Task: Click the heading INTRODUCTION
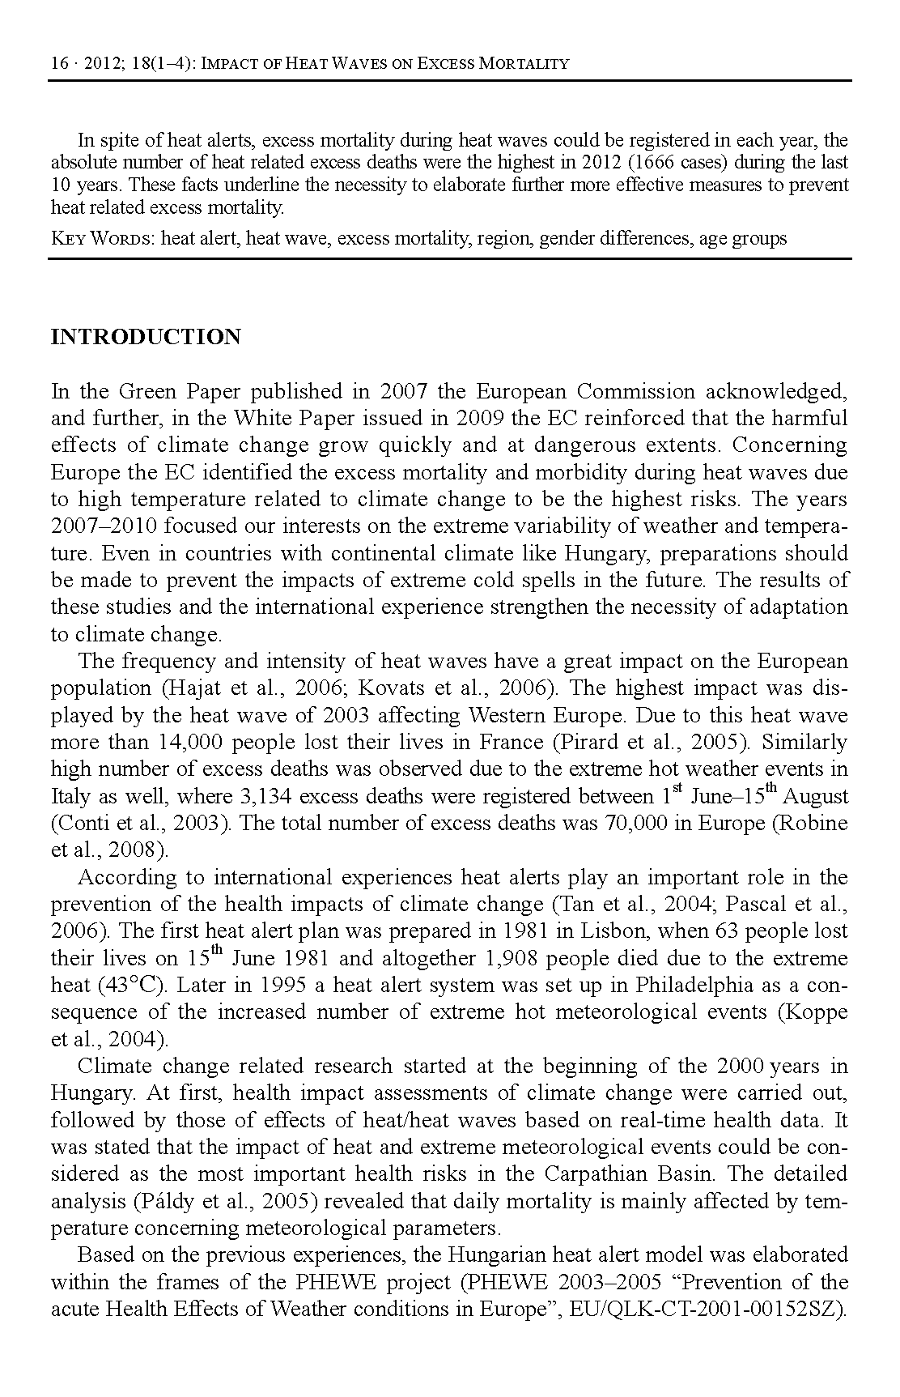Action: (146, 337)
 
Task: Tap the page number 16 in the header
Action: (59, 63)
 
